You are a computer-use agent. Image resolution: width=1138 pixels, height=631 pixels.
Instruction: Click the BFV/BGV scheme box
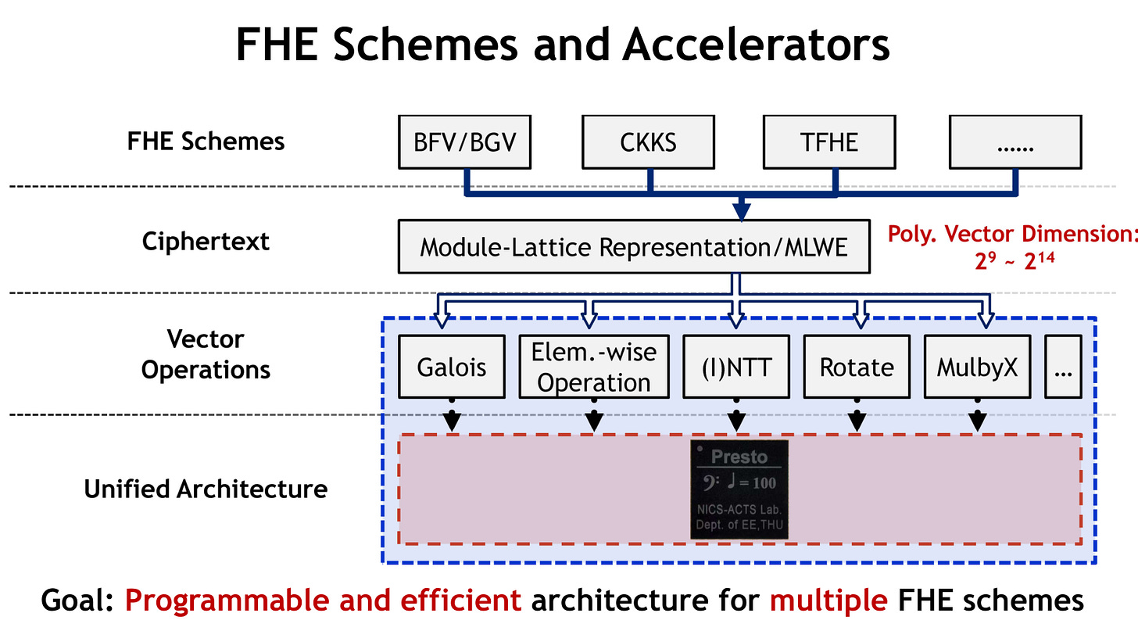coord(464,142)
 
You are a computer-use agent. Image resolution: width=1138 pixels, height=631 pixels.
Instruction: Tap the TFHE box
coord(829,142)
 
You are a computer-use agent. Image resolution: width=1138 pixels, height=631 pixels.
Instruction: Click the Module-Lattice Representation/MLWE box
coord(634,247)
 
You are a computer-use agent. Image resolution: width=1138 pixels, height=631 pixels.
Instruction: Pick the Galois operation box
coord(452,367)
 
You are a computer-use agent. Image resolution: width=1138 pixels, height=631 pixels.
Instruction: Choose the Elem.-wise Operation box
coord(594,367)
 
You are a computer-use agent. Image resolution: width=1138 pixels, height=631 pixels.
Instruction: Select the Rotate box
coord(857,367)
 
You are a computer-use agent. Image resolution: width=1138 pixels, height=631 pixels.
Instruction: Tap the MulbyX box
coord(978,367)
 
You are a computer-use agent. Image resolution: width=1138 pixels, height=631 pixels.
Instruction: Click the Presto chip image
coord(739,489)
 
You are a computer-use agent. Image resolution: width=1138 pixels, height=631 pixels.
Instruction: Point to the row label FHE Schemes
coord(206,142)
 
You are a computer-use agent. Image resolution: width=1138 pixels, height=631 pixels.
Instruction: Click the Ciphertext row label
coord(206,242)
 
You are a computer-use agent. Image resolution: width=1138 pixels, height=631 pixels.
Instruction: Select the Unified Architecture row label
coord(206,489)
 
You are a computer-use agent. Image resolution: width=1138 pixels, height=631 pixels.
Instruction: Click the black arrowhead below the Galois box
coord(452,421)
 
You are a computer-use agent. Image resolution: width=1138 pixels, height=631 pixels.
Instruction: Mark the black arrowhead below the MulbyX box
coord(978,421)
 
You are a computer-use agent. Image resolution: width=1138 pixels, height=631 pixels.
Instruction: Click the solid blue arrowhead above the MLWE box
coord(742,211)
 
